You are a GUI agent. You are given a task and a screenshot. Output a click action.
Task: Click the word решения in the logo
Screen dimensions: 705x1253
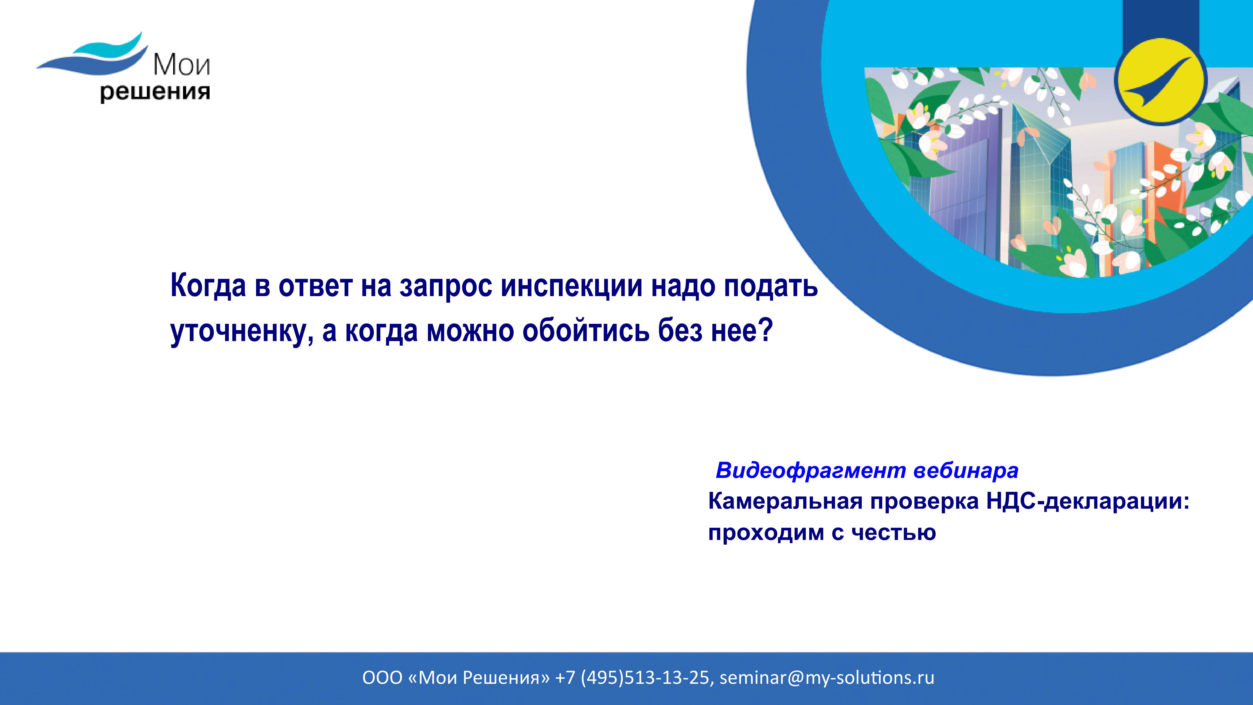pyautogui.click(x=155, y=92)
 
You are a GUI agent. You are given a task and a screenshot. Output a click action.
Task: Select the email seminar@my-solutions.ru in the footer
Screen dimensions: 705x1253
pyautogui.click(x=827, y=678)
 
